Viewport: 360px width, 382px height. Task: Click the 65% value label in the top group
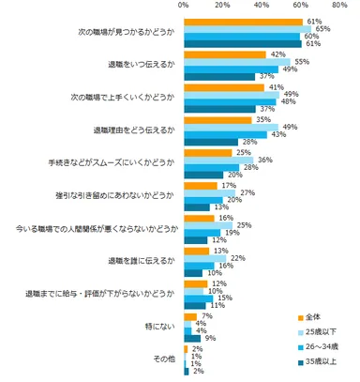(322, 29)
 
